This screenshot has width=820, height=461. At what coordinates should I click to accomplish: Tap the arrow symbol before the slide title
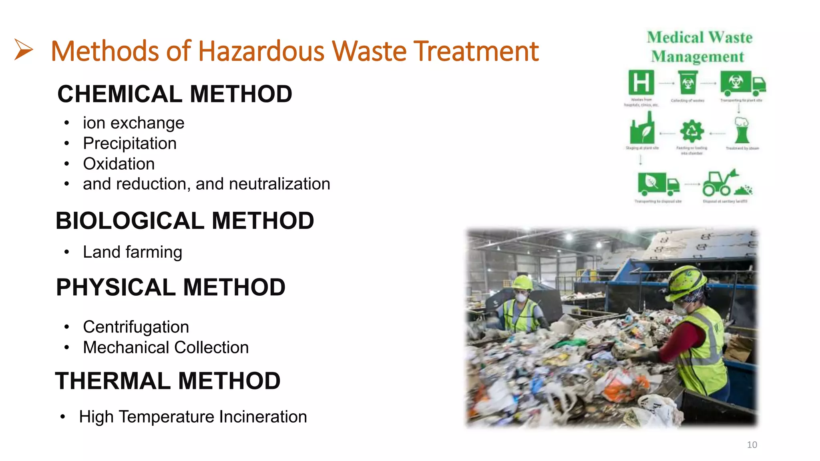(23, 50)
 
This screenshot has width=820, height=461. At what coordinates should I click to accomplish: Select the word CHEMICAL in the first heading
(120, 94)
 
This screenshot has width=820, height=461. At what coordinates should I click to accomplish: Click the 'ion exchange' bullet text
(133, 123)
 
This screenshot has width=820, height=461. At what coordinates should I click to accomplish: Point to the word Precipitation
(130, 143)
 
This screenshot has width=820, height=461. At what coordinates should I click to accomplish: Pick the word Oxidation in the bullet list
(119, 164)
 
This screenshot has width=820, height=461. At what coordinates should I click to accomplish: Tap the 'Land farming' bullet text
(133, 252)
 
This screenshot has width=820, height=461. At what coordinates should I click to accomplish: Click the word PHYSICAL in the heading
(116, 287)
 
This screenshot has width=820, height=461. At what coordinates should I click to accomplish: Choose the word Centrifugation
(136, 327)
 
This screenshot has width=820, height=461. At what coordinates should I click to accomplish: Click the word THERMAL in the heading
(113, 381)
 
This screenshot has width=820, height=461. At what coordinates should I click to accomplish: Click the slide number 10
(752, 445)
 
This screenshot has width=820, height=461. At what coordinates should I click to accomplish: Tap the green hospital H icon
(641, 82)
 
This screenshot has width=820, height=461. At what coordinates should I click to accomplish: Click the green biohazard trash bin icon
(688, 82)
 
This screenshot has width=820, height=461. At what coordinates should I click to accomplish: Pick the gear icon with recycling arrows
(691, 131)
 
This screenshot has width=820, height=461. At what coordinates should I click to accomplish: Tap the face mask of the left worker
(521, 297)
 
